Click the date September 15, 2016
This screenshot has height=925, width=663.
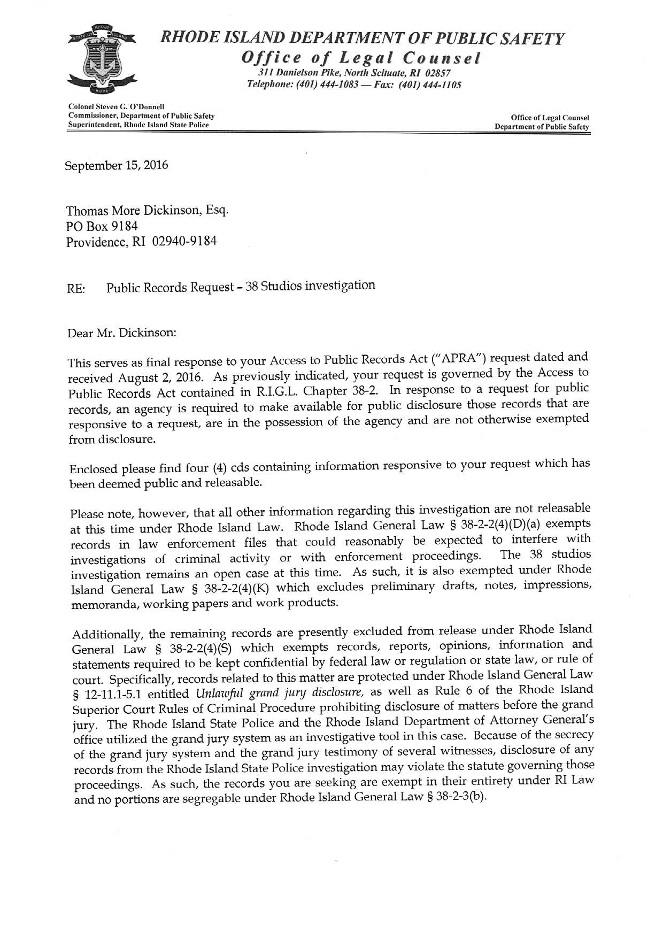click(x=117, y=165)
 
